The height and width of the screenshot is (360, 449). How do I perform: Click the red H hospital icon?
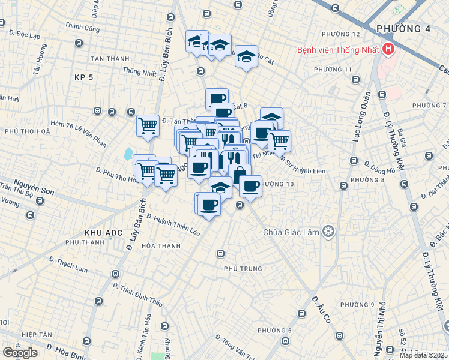pyautogui.click(x=389, y=49)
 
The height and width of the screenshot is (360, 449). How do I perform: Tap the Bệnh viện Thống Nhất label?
pyautogui.click(x=337, y=50)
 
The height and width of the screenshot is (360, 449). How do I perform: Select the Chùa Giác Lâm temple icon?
pyautogui.click(x=328, y=232)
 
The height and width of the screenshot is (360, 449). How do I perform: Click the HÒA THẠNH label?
pyautogui.click(x=161, y=246)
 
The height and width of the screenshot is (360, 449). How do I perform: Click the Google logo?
pyautogui.click(x=20, y=352)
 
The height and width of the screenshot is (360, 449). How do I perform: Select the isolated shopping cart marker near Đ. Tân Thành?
pyautogui.click(x=148, y=126)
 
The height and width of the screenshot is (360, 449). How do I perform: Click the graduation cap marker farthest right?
pyautogui.click(x=271, y=118)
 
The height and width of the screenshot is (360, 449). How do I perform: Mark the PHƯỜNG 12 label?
pyautogui.click(x=340, y=34)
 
